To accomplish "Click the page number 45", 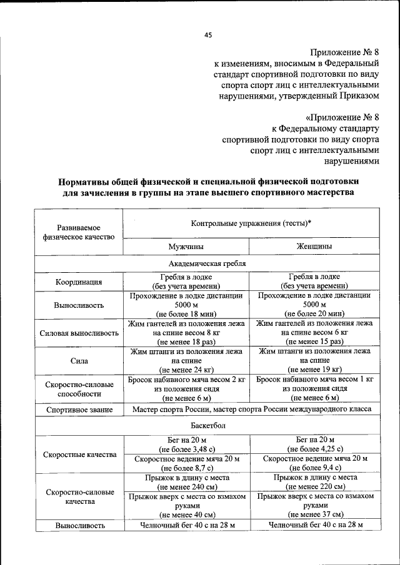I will pyautogui.click(x=208, y=36).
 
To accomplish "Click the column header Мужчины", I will pyautogui.click(x=188, y=247).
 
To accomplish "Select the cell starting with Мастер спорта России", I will pyautogui.click(x=252, y=410).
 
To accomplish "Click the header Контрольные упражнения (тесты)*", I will pyautogui.click(x=252, y=223).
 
